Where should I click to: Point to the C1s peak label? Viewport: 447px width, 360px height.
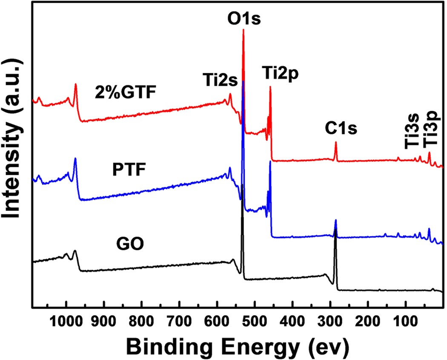(x=335, y=127)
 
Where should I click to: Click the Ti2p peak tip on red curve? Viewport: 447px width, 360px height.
(x=270, y=87)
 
